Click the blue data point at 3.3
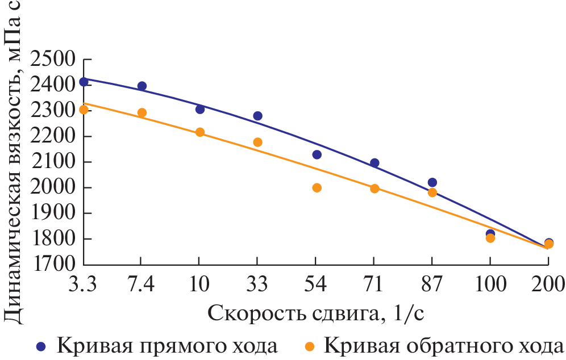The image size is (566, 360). click(x=84, y=82)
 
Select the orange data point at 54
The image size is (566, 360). click(x=317, y=188)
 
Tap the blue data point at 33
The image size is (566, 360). click(x=257, y=116)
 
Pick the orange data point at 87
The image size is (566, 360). click(x=432, y=192)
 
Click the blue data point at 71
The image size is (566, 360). click(x=374, y=163)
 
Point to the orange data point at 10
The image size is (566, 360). click(x=200, y=132)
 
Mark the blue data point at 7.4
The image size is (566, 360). click(x=142, y=86)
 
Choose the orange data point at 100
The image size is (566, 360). click(x=490, y=238)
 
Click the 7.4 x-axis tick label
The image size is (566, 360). click(x=142, y=283)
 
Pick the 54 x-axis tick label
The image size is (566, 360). click(x=317, y=283)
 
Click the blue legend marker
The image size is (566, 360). click(x=40, y=346)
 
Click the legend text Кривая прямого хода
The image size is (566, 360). click(x=167, y=345)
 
